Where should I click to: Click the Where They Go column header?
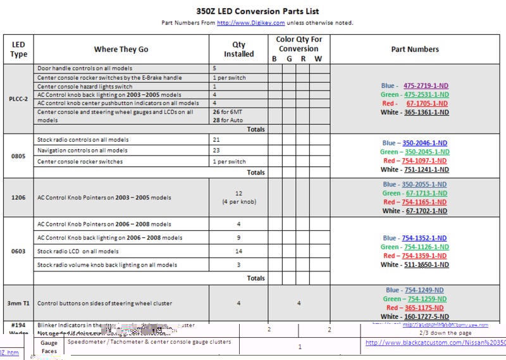pyautogui.click(x=121, y=49)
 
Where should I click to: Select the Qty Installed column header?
pyautogui.click(x=239, y=49)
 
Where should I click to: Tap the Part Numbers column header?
pyautogui.click(x=415, y=49)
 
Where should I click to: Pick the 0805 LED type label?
pyautogui.click(x=18, y=156)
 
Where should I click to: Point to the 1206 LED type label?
pyautogui.click(x=18, y=197)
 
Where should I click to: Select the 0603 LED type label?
pyautogui.click(x=18, y=251)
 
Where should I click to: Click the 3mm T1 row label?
pyautogui.click(x=18, y=304)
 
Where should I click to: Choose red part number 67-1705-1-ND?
pyautogui.click(x=427, y=103)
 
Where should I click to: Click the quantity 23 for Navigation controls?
pyautogui.click(x=216, y=151)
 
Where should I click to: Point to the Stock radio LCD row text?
pyautogui.click(x=78, y=251)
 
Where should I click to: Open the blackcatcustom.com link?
pyautogui.click(x=435, y=343)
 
